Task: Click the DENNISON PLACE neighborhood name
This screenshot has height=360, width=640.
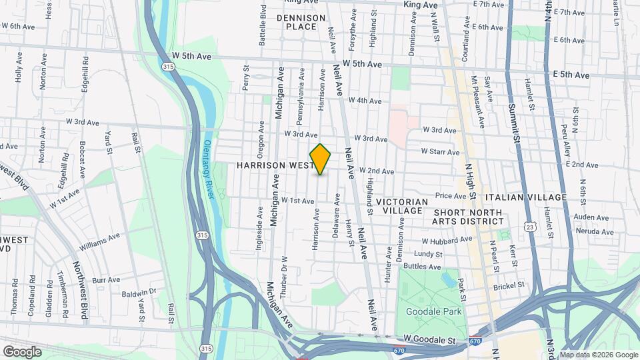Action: pos(301,22)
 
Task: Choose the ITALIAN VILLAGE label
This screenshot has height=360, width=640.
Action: pos(526,197)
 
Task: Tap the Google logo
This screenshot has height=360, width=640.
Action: pos(22,351)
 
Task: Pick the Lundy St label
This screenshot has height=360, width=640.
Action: pos(428,254)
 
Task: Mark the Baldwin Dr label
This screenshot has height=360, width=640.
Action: pos(138,291)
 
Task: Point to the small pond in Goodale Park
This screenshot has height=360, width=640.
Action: pos(445,279)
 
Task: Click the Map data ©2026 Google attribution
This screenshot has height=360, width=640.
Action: pos(597,355)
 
